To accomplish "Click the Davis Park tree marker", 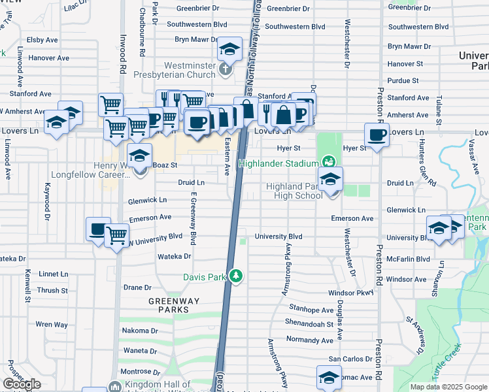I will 237,277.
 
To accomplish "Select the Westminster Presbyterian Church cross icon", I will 225,69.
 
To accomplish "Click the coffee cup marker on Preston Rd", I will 377,135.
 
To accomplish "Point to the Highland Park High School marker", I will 330,179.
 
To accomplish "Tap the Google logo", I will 22,384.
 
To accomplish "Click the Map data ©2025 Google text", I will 448,387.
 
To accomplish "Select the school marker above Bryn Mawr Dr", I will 229,49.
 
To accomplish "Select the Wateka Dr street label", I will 175,257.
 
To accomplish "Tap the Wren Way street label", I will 52,324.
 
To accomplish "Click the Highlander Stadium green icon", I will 328,161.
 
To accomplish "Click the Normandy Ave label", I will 310,340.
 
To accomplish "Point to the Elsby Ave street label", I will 44,40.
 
